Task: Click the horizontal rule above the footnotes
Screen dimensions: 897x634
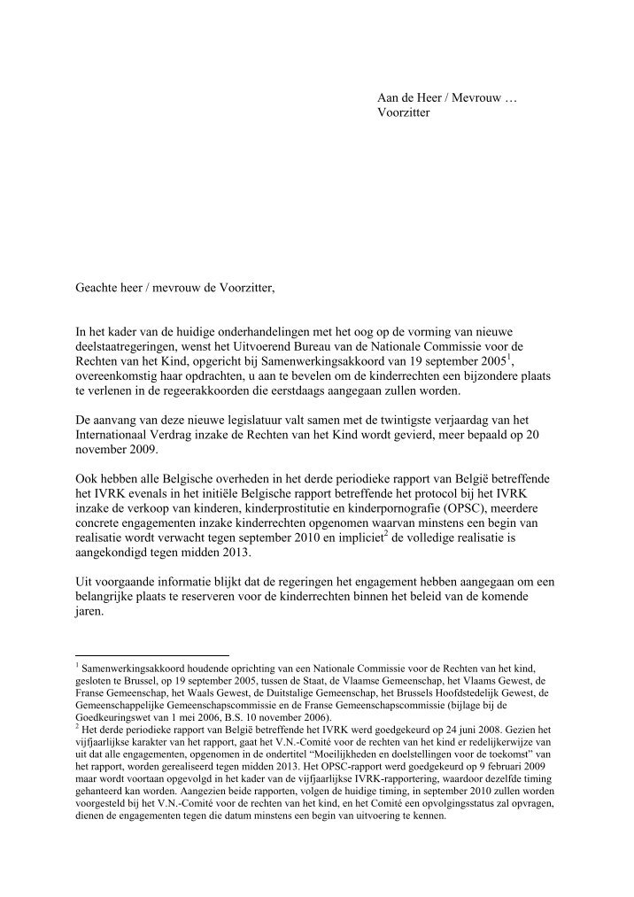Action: pos(151,655)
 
